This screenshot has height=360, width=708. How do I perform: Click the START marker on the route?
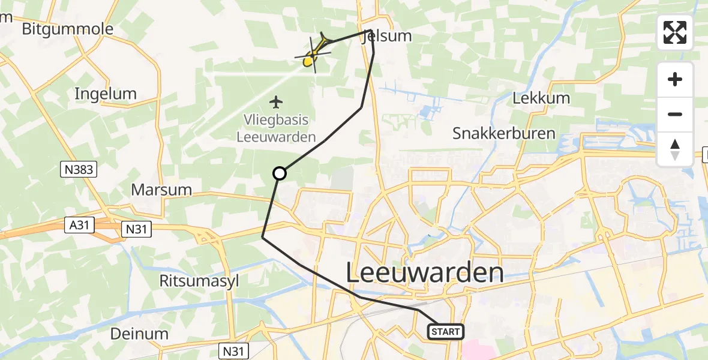(x=445, y=332)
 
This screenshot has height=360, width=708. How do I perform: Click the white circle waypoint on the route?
(x=280, y=173)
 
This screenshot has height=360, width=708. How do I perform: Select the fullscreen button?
(x=675, y=32)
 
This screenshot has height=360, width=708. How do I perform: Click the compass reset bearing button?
(x=675, y=149)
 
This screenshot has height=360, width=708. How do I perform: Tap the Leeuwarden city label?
(x=425, y=273)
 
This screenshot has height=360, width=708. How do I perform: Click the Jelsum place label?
(x=388, y=36)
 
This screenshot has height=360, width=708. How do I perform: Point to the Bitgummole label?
(x=67, y=29)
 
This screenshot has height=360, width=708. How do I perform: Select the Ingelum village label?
(x=106, y=94)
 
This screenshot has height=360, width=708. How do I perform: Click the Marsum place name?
(x=161, y=190)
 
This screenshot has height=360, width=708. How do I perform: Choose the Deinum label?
(x=139, y=334)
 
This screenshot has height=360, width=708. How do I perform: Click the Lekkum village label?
(x=541, y=98)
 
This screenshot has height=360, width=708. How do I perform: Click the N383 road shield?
(x=79, y=170)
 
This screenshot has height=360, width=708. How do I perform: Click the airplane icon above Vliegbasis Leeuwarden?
(x=276, y=102)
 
